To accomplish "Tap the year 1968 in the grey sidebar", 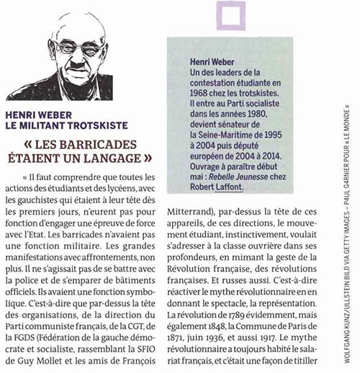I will (x=199, y=99).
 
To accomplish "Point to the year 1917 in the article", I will (x=294, y=338).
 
